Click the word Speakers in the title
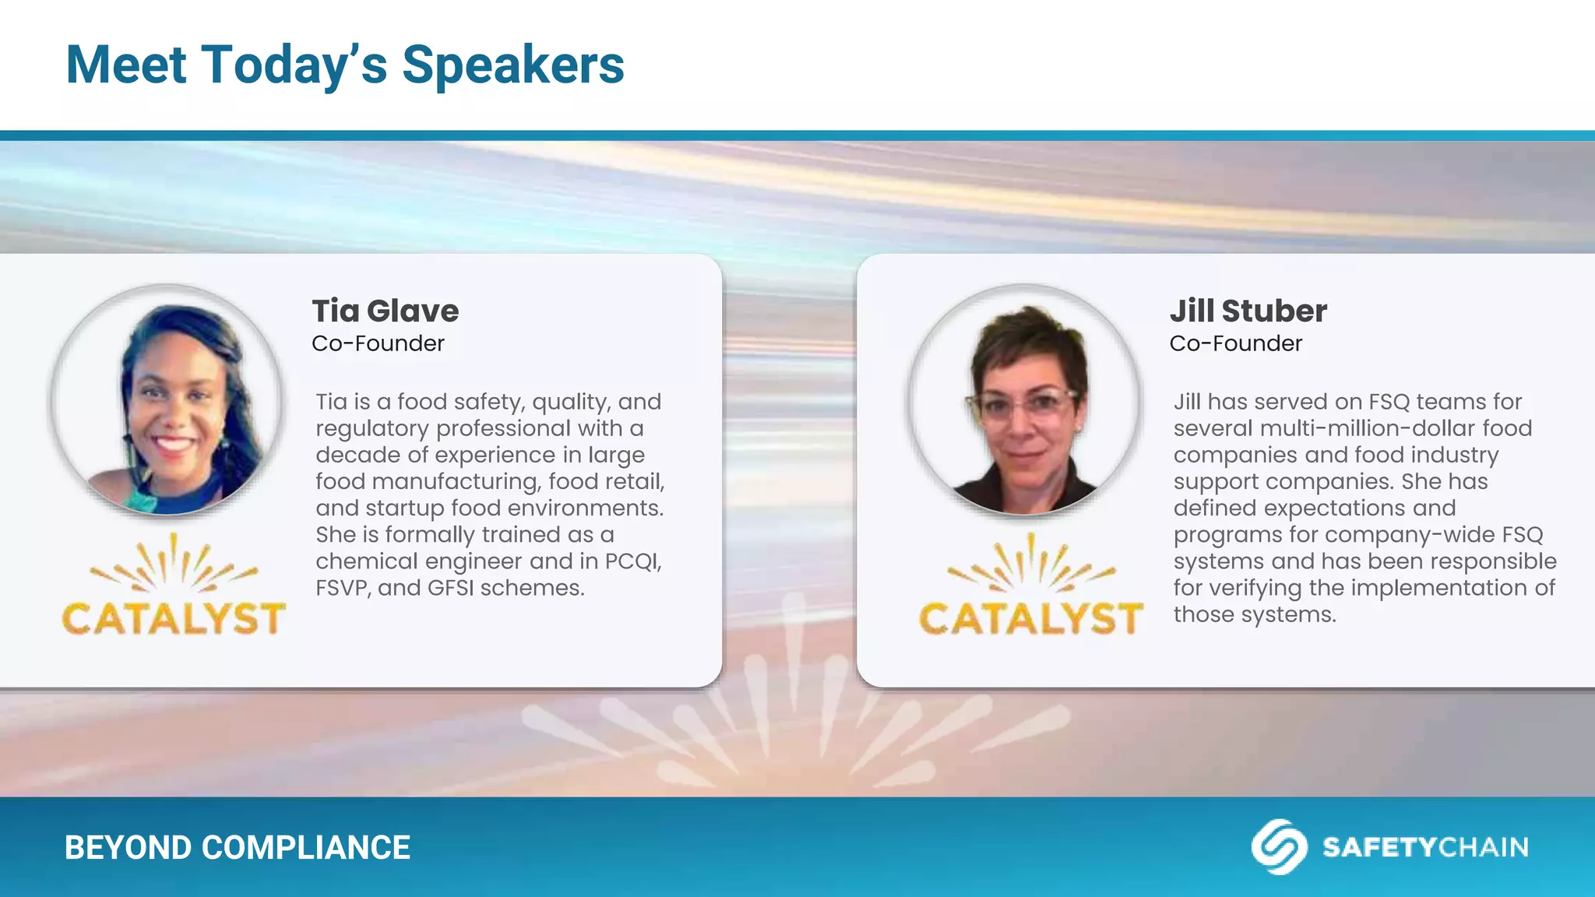[x=512, y=65]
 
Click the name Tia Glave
[x=386, y=311]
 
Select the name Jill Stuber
[x=1248, y=311]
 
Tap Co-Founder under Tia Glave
[x=378, y=343]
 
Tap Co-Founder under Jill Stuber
[x=1235, y=343]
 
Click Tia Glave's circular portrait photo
[x=167, y=400]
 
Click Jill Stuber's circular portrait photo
[x=1024, y=400]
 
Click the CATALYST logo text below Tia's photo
[x=173, y=619]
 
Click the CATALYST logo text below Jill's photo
[x=1030, y=619]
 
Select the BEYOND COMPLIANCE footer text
[x=237, y=848]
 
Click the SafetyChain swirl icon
[x=1279, y=846]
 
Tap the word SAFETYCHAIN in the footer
[x=1425, y=847]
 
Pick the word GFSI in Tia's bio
[x=450, y=588]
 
